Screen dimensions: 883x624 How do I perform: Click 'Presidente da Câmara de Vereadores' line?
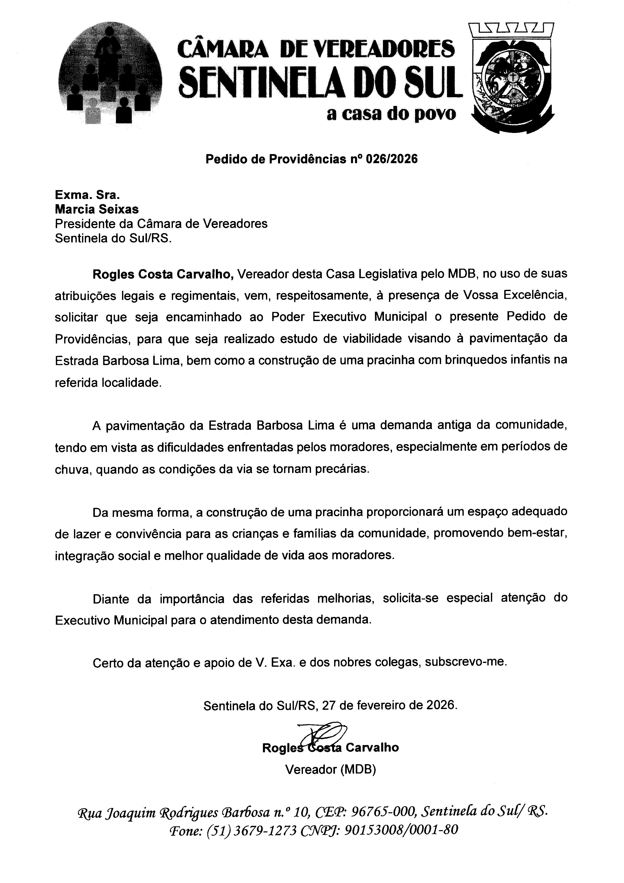click(161, 223)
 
